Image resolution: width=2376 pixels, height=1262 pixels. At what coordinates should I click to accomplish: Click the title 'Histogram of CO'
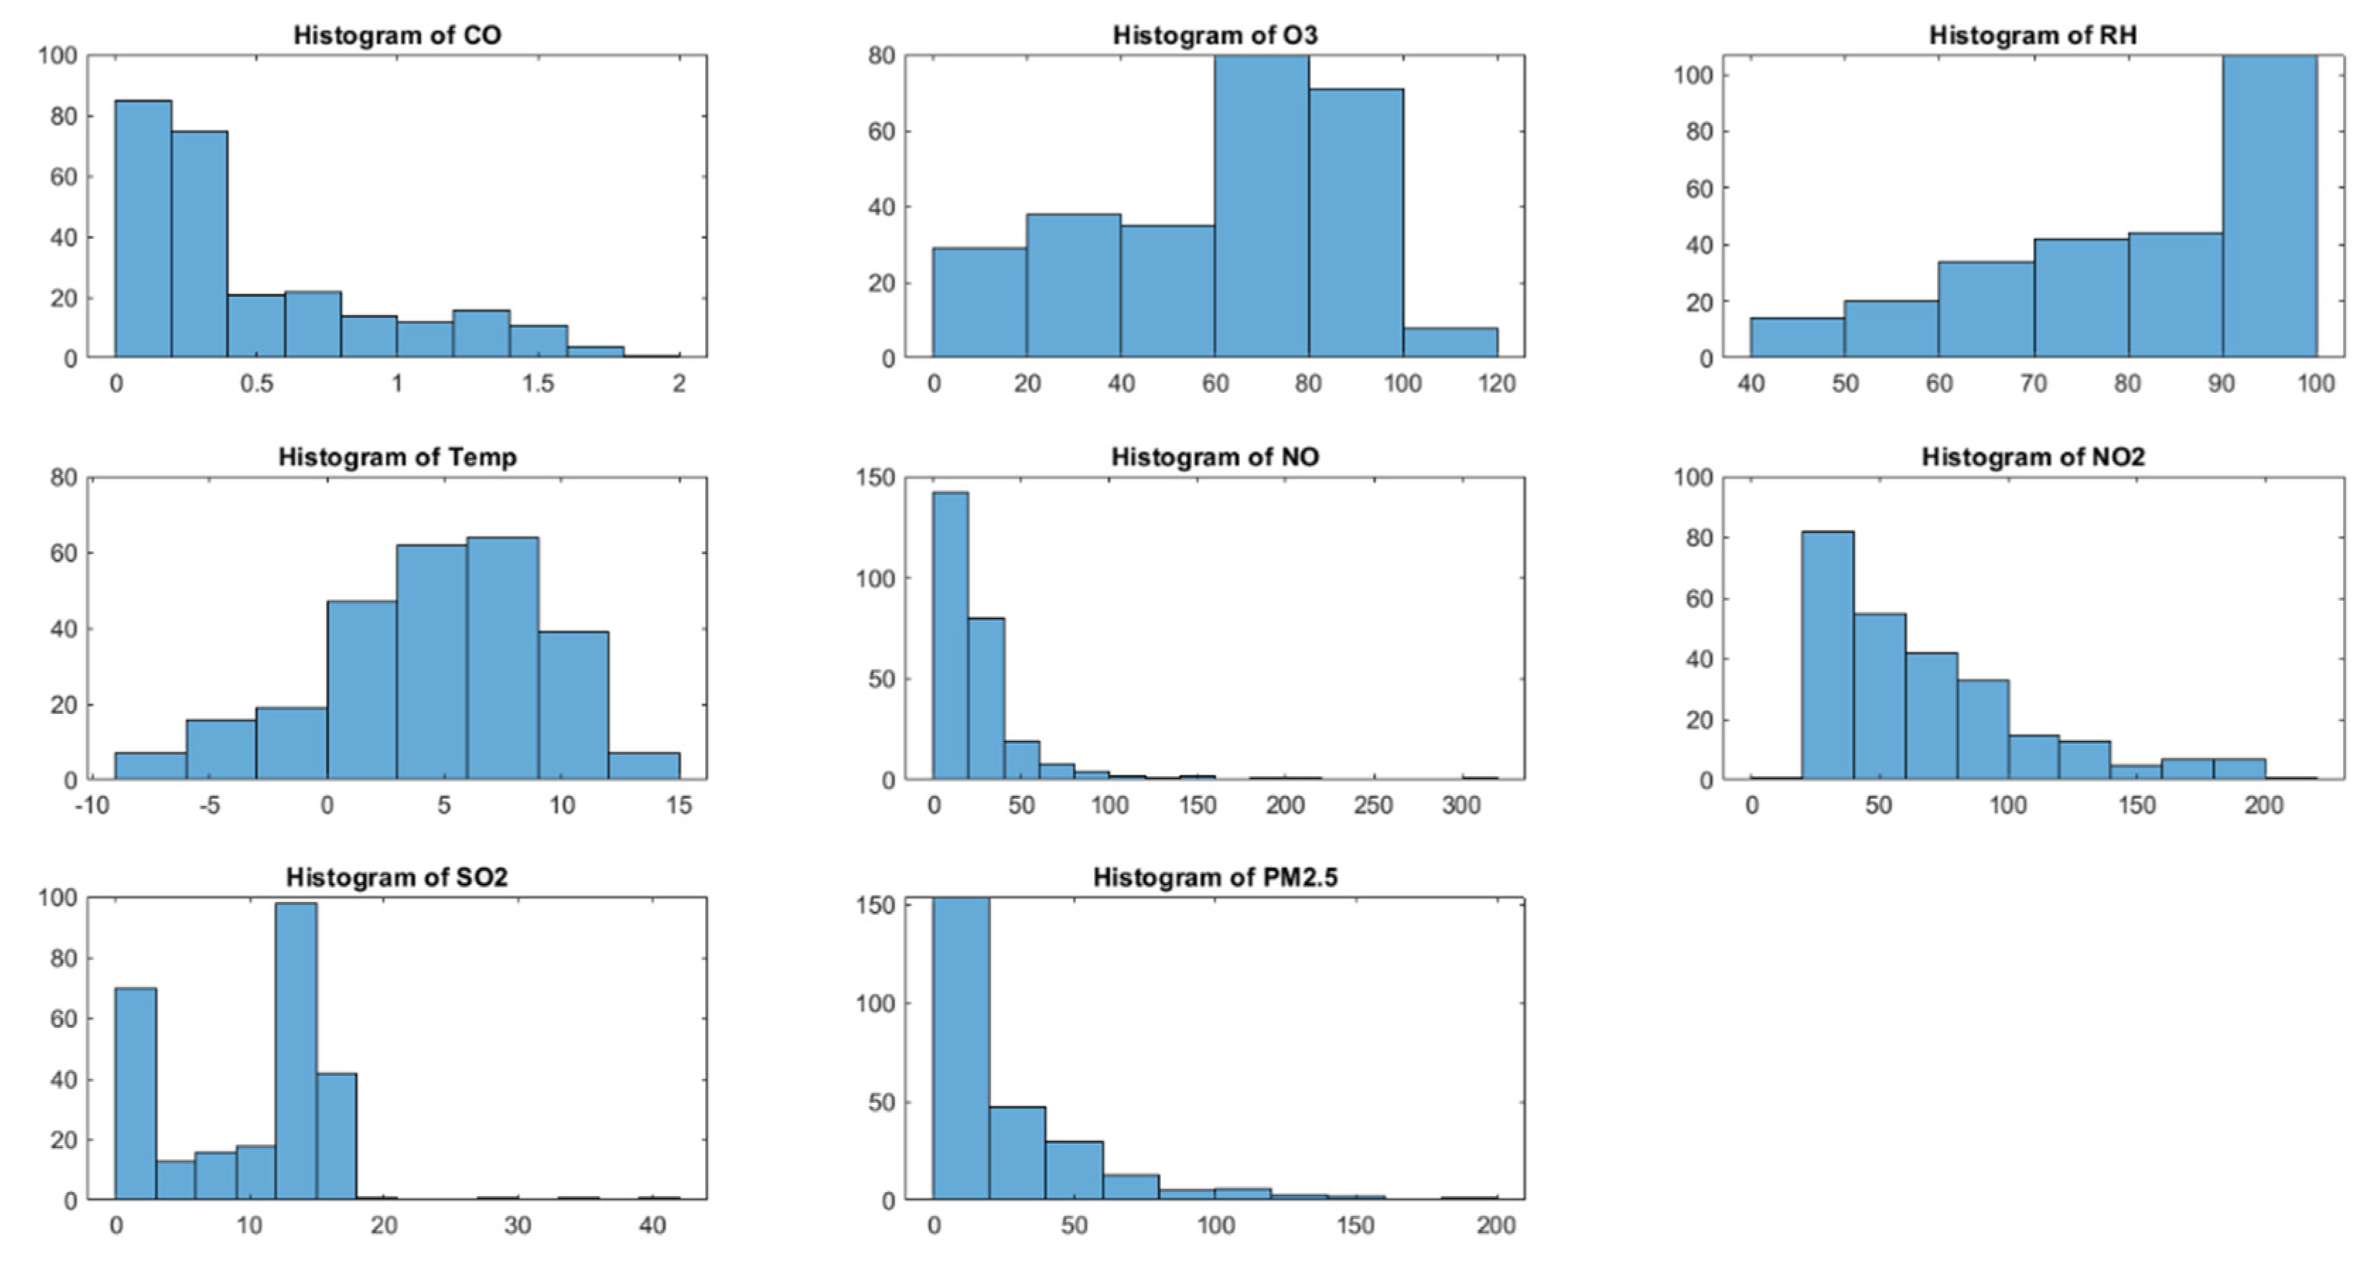pyautogui.click(x=397, y=35)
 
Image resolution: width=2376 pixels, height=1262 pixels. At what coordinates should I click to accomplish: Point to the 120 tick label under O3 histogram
pyautogui.click(x=1496, y=384)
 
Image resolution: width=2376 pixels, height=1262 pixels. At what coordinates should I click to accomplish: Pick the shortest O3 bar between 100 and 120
pyautogui.click(x=1450, y=343)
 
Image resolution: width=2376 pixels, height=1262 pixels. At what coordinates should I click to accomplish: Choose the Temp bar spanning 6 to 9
pyautogui.click(x=503, y=659)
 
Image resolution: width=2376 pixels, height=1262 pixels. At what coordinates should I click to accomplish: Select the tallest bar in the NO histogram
pyautogui.click(x=950, y=636)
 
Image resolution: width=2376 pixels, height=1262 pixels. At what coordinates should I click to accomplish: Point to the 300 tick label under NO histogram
pyautogui.click(x=1461, y=805)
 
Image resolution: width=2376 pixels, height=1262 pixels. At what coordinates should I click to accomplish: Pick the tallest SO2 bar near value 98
pyautogui.click(x=296, y=1052)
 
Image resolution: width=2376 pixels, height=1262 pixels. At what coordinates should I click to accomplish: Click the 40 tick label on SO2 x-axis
pyautogui.click(x=652, y=1225)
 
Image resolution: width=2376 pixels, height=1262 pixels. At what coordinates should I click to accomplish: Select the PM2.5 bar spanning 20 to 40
pyautogui.click(x=1018, y=1153)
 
